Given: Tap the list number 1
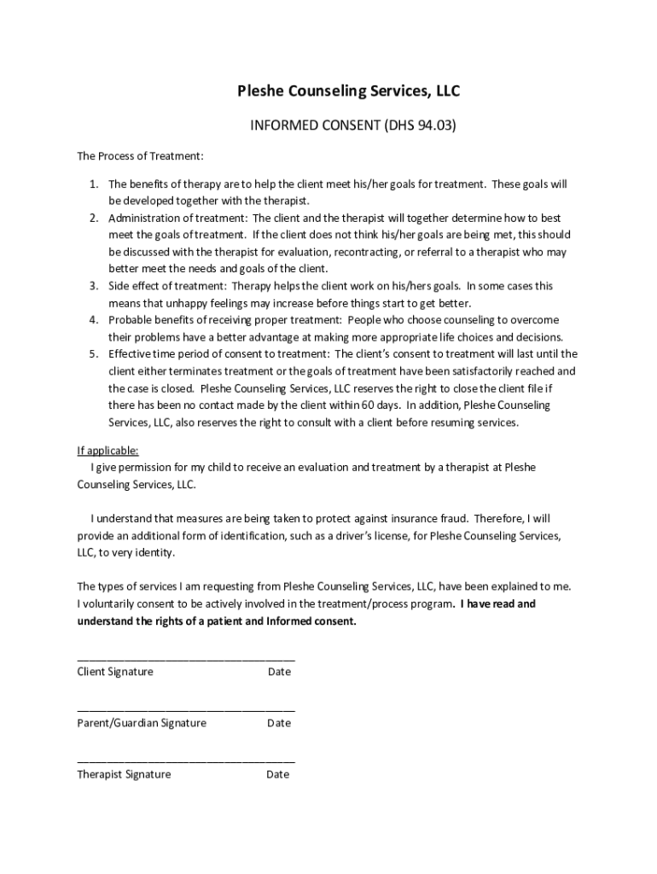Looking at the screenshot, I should (94, 184).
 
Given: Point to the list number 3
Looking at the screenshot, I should (94, 286).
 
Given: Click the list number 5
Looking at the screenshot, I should (94, 354).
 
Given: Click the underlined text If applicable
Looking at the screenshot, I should (108, 451).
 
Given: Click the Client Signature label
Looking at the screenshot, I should (115, 672).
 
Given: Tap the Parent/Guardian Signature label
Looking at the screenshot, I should (142, 723).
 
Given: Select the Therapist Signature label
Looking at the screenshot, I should (124, 774).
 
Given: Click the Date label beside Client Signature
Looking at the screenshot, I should (279, 672).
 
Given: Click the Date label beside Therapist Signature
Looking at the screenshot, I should (278, 774).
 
